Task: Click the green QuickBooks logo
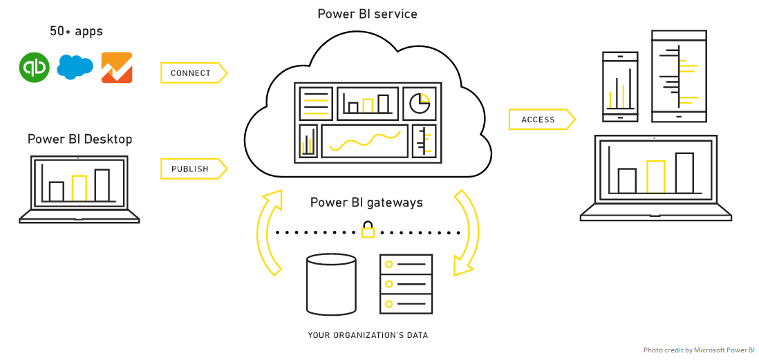coord(35,67)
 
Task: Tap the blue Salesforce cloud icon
coord(75,66)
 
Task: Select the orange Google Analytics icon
coord(116,67)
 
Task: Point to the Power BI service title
coord(367,14)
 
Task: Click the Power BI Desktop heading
coord(79,140)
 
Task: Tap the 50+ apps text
coord(76,31)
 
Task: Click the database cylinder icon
coord(332,284)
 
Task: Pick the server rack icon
coord(406,283)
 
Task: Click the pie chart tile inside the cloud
coord(420,103)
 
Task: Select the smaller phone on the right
coord(620,86)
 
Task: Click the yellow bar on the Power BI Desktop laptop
coord(79,187)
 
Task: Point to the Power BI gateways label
coord(366,202)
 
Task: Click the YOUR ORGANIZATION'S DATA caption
coord(368,336)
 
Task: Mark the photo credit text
coord(699,350)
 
